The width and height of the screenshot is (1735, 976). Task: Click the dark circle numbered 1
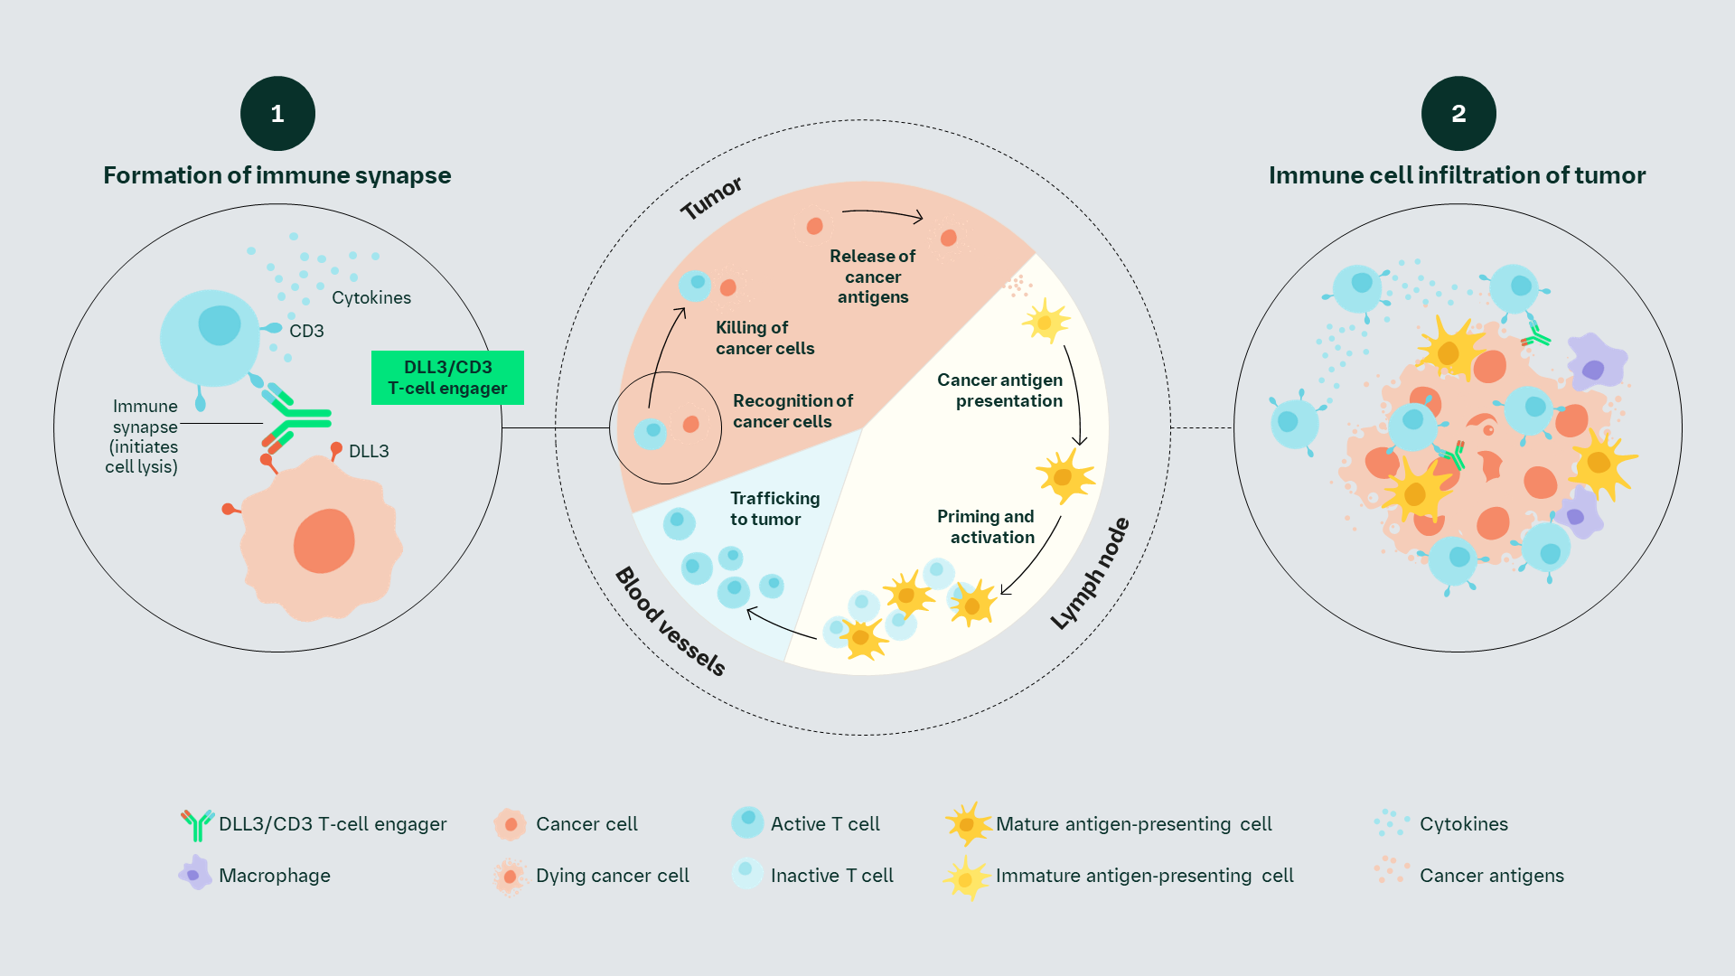click(x=277, y=114)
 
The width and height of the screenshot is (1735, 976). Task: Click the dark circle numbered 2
click(x=1458, y=114)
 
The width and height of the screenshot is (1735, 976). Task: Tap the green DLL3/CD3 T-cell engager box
click(x=447, y=378)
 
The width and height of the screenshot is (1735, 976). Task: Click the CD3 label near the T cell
click(x=306, y=331)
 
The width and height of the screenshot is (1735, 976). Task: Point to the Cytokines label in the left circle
click(x=370, y=297)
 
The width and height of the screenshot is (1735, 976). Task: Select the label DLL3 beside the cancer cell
click(x=369, y=451)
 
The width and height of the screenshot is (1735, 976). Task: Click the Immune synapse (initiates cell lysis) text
click(x=143, y=436)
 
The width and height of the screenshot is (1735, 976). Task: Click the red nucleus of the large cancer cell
click(x=324, y=540)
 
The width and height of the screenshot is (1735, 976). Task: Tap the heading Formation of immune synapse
click(x=277, y=175)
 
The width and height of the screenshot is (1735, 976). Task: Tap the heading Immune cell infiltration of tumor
click(x=1457, y=175)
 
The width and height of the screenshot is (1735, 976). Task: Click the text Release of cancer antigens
click(x=872, y=277)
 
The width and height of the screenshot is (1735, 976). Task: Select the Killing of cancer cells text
click(x=764, y=338)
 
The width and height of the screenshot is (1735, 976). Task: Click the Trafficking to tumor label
click(x=774, y=509)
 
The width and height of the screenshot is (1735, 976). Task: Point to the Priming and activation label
click(x=986, y=527)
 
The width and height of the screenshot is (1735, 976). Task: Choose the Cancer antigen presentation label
click(x=1000, y=390)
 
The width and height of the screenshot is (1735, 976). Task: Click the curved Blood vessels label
click(x=670, y=622)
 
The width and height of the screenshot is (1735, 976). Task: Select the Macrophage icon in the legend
click(x=194, y=874)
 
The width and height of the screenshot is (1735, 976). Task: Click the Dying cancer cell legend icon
click(x=510, y=877)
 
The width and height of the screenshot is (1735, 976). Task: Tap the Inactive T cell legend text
click(x=831, y=876)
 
